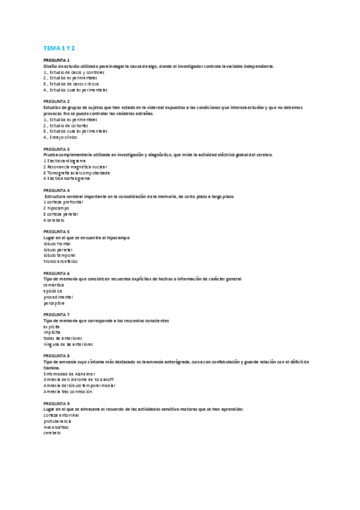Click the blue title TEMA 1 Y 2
click(x=63, y=48)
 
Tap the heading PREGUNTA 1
click(x=56, y=61)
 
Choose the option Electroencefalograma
click(x=67, y=179)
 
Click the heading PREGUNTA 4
click(x=56, y=190)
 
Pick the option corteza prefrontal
click(x=62, y=202)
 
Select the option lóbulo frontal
click(x=57, y=244)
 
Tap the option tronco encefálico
click(x=60, y=261)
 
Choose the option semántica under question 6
click(x=53, y=284)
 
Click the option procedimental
click(x=58, y=296)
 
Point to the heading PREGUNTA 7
click(x=56, y=314)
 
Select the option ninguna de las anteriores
click(x=68, y=344)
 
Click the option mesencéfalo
click(x=56, y=427)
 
